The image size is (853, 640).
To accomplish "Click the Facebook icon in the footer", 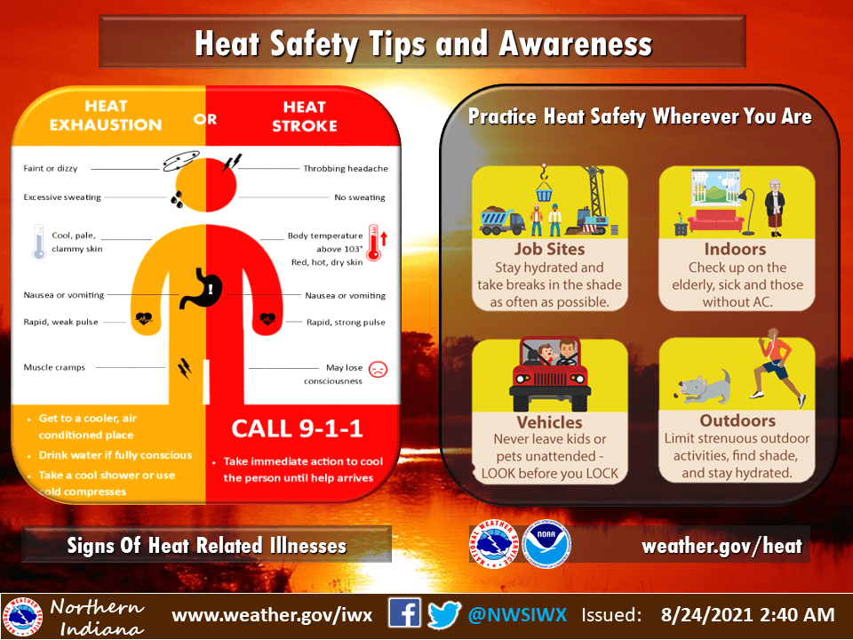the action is point(404,612).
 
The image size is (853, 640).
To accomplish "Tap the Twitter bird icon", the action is point(444,615).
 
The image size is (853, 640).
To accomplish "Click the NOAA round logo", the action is point(546,544).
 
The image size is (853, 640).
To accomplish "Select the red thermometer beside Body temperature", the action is point(373,242).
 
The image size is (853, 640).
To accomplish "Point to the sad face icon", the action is point(378,370).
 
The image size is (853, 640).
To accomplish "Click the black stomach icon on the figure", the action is point(202,287).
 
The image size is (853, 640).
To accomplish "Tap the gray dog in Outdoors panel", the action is point(704,388).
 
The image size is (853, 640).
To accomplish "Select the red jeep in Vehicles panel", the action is point(549,374).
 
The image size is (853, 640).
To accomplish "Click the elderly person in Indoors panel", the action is point(775,208).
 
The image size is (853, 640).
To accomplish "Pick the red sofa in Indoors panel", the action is point(715,220).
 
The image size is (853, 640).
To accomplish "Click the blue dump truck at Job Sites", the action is point(501,220).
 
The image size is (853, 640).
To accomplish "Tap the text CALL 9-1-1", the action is point(297,428).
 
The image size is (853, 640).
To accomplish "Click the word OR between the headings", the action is point(205,118).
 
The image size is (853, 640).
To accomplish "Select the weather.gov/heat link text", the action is point(721,545).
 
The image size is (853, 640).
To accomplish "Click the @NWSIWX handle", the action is point(517,614).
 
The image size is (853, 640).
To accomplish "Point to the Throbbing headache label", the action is point(346,169).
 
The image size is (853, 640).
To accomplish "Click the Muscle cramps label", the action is point(54,367).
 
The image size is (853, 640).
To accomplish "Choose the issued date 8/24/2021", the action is point(706,614).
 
